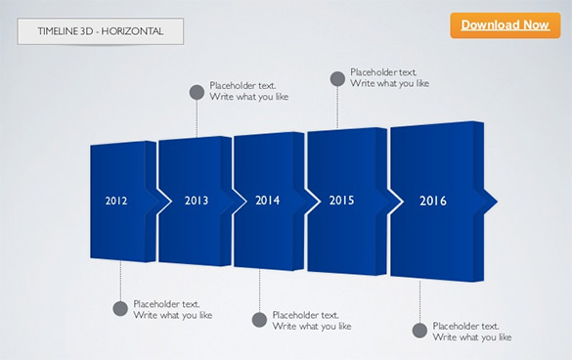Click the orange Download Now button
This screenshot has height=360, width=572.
[505, 24]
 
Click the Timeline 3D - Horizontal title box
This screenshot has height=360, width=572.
[100, 32]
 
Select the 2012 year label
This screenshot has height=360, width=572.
[116, 201]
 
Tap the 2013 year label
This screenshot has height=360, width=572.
[197, 201]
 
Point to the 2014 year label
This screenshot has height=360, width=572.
[268, 201]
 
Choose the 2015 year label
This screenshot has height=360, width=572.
[341, 201]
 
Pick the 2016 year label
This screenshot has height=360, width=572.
[433, 201]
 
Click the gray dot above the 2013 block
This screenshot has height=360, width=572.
[197, 93]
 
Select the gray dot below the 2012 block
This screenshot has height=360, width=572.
[120, 309]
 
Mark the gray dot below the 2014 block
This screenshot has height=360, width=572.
[259, 320]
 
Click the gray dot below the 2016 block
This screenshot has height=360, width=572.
[419, 331]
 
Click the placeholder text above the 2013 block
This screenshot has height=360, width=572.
[248, 91]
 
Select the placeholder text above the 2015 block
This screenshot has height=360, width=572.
[389, 77]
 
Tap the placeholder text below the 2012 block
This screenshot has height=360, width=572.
[172, 309]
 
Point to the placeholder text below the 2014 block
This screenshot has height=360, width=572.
[311, 320]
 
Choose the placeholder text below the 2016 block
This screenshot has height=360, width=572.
[471, 331]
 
